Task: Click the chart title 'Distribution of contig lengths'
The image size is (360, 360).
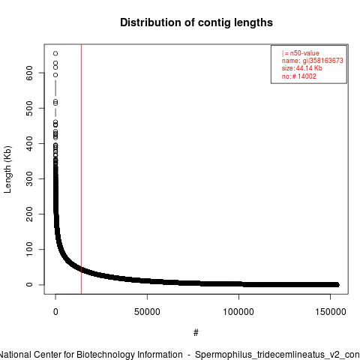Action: pos(196,22)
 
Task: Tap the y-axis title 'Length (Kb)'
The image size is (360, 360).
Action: pos(7,169)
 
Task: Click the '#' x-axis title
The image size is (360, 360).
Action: pos(196,333)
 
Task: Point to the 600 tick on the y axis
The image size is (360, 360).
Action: pos(29,73)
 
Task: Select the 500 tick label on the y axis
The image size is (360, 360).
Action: pos(29,108)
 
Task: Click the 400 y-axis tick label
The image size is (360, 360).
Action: pos(29,143)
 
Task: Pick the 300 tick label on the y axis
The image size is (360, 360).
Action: pos(29,178)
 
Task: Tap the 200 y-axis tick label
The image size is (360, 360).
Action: pos(29,214)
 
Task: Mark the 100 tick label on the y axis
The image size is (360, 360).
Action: pos(29,249)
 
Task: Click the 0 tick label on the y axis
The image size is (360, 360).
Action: pos(29,284)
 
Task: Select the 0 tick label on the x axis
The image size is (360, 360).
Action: pos(55,312)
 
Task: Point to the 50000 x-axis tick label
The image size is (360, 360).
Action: pos(147,312)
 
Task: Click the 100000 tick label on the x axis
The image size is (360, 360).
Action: pos(238,312)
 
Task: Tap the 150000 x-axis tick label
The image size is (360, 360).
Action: pos(331,312)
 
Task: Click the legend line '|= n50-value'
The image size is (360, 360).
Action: pos(301,53)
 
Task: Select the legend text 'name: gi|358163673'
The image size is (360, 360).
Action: pos(313,61)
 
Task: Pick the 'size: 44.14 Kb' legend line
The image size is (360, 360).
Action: pos(302,68)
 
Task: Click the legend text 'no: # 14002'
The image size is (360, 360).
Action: pos(299,76)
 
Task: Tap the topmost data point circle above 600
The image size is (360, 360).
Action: pos(55,53)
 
